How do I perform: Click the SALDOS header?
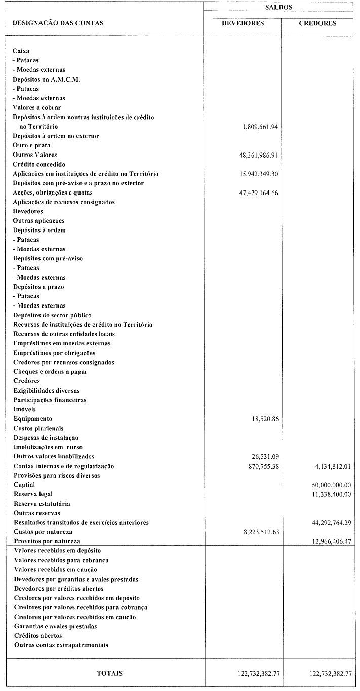click(282, 8)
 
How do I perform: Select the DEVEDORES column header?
click(243, 23)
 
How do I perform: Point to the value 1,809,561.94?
click(260, 127)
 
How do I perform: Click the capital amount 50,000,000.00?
click(327, 485)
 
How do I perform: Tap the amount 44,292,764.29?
click(327, 523)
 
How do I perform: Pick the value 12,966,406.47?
click(327, 542)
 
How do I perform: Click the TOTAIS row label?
click(110, 674)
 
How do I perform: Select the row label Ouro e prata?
click(31, 145)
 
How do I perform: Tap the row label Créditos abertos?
click(38, 636)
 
